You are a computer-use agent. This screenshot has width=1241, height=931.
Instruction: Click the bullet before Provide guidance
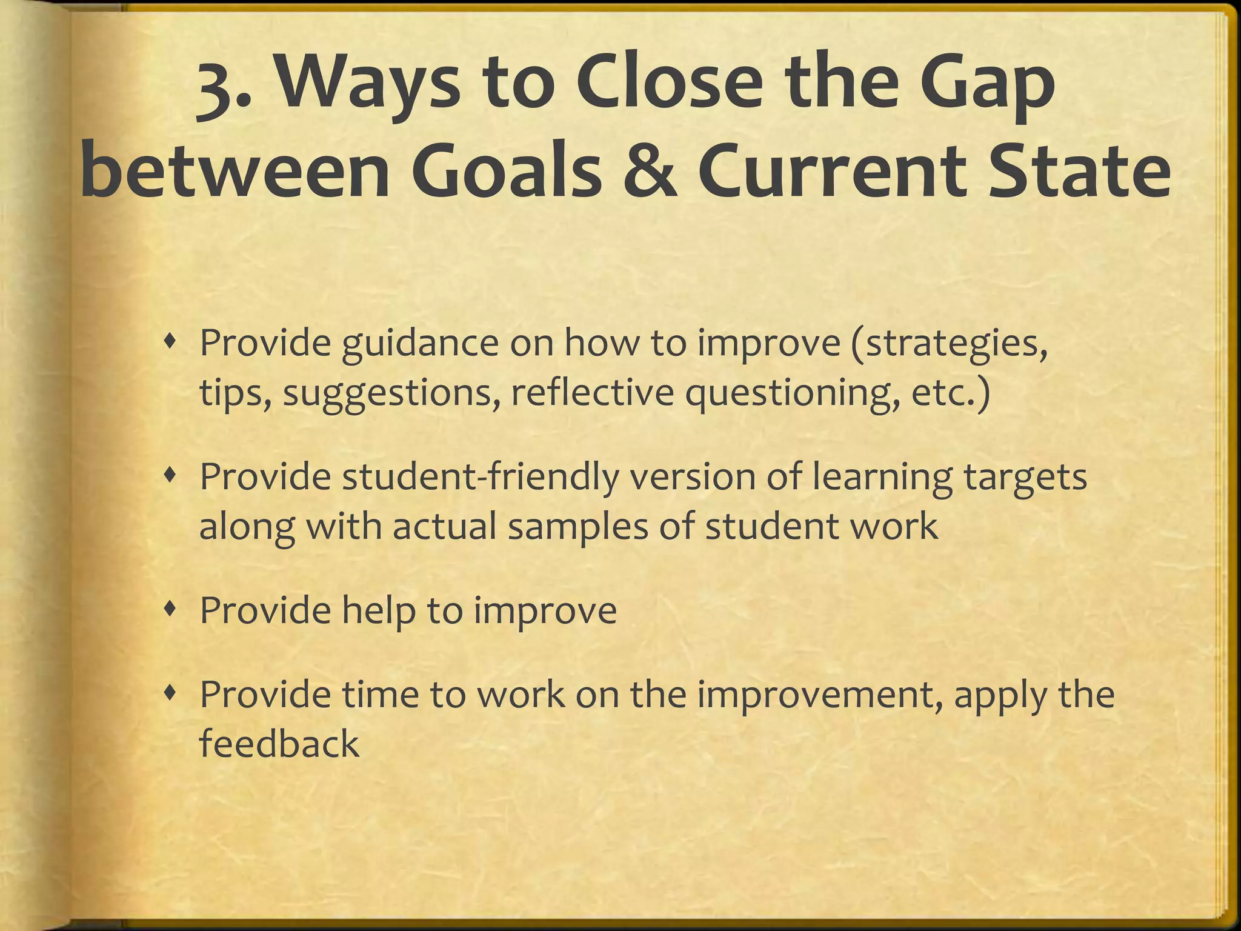173,343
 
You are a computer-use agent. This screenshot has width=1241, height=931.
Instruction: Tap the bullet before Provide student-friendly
173,477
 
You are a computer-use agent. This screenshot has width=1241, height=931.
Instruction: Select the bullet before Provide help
173,611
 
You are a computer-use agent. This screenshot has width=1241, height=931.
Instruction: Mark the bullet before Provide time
173,695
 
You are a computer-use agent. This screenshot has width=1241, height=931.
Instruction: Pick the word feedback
279,743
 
